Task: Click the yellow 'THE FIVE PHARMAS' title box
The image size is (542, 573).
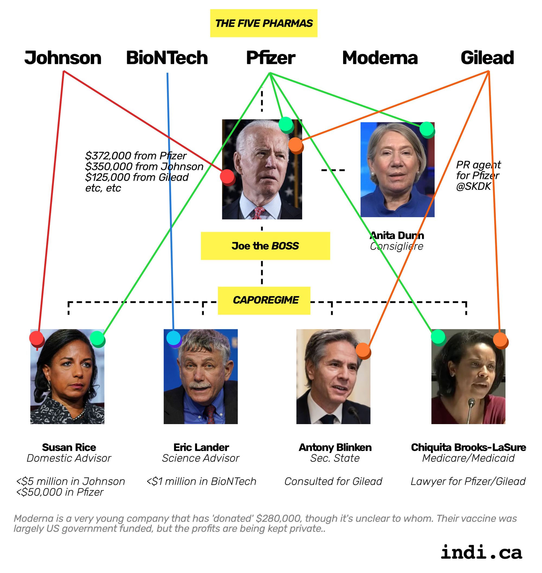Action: pos(263,23)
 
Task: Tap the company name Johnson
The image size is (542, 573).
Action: pos(63,58)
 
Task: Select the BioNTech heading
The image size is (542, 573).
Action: pos(167,58)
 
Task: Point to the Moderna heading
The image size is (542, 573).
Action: pos(380,58)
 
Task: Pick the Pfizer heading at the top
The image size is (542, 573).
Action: pos(270,58)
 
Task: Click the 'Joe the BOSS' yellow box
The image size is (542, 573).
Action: pos(265,246)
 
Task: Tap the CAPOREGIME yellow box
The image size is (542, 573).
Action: pos(264,300)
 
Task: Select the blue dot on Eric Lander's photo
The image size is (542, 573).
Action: pos(173,338)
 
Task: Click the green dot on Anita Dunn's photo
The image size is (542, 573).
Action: pos(427,129)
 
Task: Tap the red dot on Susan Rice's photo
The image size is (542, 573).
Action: pos(37,338)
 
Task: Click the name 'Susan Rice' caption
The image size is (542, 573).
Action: pos(69,447)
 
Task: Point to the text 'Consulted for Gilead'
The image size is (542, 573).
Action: pos(333,481)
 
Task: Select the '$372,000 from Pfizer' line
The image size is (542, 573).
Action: pos(136,156)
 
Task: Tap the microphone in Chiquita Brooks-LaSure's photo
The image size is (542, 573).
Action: pos(472,403)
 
